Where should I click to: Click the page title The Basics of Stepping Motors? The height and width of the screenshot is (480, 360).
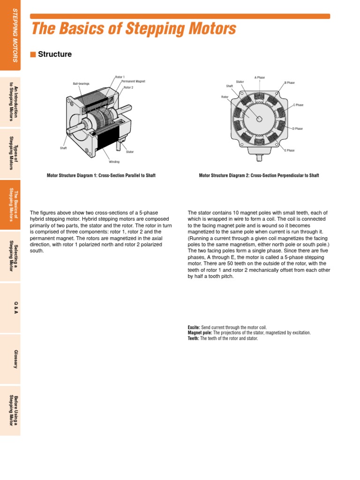pyautogui.click(x=134, y=30)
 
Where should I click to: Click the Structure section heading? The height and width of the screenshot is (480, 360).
pyautogui.click(x=54, y=54)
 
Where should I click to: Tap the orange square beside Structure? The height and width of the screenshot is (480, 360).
pyautogui.click(x=33, y=54)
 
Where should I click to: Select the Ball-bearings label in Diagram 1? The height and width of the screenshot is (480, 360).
pyautogui.click(x=81, y=83)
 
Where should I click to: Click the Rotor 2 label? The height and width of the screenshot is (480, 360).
pyautogui.click(x=128, y=88)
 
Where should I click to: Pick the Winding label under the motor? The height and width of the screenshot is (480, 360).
pyautogui.click(x=114, y=162)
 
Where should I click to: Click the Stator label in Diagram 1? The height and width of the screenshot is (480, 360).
pyautogui.click(x=130, y=152)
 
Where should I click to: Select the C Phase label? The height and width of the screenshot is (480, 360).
pyautogui.click(x=298, y=105)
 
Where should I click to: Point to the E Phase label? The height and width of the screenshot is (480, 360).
pyautogui.click(x=289, y=150)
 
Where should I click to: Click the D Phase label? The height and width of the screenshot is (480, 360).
pyautogui.click(x=297, y=128)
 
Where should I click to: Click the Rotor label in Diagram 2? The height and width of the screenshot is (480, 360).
pyautogui.click(x=225, y=97)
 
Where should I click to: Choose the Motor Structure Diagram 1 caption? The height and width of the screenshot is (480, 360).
pyautogui.click(x=101, y=175)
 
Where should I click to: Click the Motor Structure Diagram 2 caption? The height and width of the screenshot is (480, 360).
pyautogui.click(x=259, y=175)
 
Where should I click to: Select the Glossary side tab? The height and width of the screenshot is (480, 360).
pyautogui.click(x=15, y=358)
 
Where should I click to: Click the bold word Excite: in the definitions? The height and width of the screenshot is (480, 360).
pyautogui.click(x=194, y=327)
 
